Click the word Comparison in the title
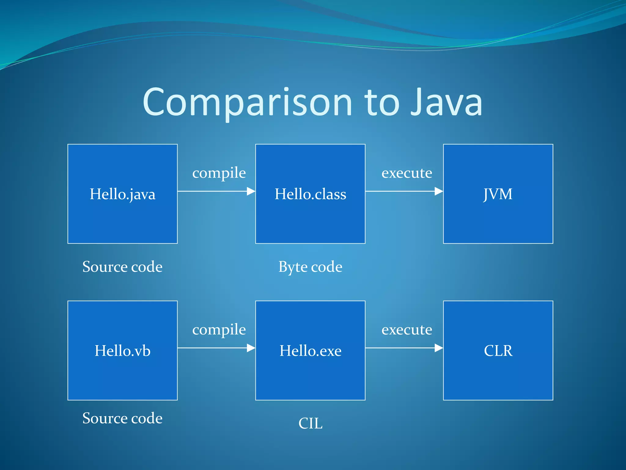pyautogui.click(x=248, y=103)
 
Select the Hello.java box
pyautogui.click(x=122, y=194)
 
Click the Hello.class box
pyautogui.click(x=310, y=194)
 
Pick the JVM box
pyautogui.click(x=498, y=194)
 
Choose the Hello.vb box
pyautogui.click(x=122, y=351)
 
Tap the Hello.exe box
pyautogui.click(x=310, y=351)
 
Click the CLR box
pyautogui.click(x=498, y=351)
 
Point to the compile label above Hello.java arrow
pyautogui.click(x=219, y=173)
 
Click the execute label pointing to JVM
pyautogui.click(x=407, y=173)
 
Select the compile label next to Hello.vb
pyautogui.click(x=219, y=330)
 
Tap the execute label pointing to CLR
pyautogui.click(x=407, y=330)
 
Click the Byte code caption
pyautogui.click(x=310, y=267)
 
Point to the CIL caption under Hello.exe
pyautogui.click(x=310, y=423)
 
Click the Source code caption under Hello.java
pyautogui.click(x=122, y=267)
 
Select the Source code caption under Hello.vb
pyautogui.click(x=122, y=418)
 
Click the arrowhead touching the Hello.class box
pyautogui.click(x=251, y=191)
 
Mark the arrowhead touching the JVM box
pyautogui.click(x=439, y=191)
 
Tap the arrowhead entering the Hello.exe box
pyautogui.click(x=251, y=348)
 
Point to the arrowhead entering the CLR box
pyautogui.click(x=439, y=348)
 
